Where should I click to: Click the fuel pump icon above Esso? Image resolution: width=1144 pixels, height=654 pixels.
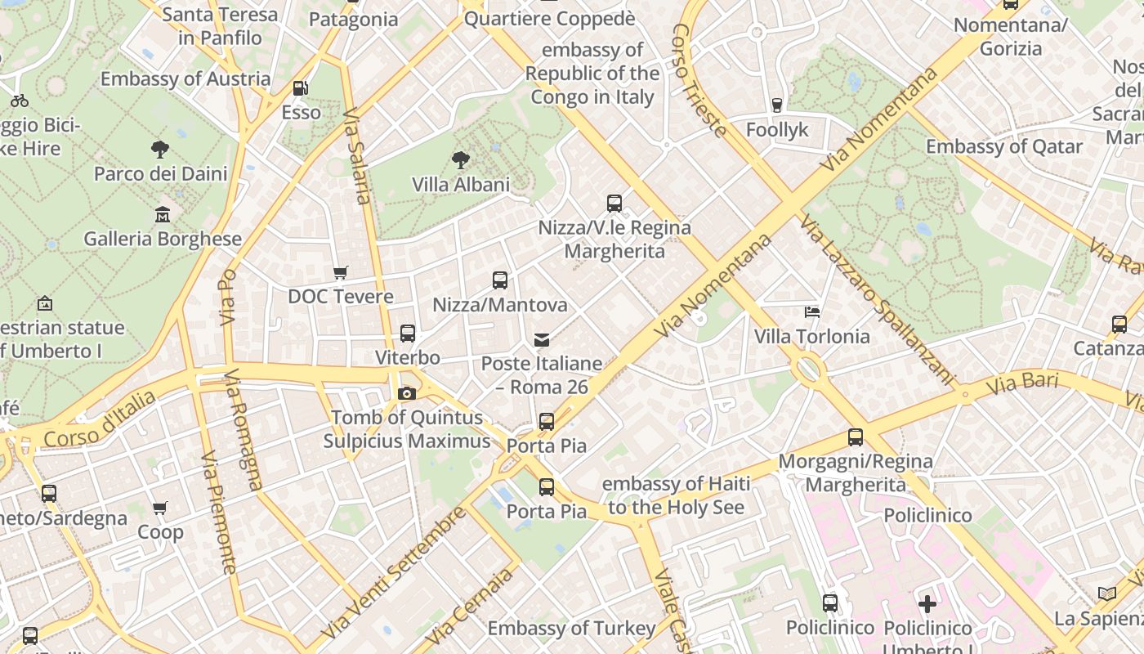pos(301,88)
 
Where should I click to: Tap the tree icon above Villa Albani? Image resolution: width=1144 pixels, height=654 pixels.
pos(461,159)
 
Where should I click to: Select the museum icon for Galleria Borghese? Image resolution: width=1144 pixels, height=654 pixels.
pos(163,214)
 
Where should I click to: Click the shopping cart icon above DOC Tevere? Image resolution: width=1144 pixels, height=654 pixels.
pos(341,272)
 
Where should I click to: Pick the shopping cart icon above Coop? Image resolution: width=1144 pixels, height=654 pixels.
pos(160,508)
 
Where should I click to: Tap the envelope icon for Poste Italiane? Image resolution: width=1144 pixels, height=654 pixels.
pos(542,339)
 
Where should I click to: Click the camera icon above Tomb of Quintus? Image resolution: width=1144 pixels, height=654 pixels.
pos(406,393)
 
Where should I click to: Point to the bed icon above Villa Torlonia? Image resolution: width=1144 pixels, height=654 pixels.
pos(812,311)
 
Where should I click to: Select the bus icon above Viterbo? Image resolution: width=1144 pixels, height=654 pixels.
pos(408,334)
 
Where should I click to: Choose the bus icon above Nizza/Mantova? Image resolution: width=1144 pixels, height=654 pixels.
pos(500,280)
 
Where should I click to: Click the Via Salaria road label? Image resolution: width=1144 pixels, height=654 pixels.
pos(357,155)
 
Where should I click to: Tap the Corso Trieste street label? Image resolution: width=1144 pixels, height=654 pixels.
pos(699,79)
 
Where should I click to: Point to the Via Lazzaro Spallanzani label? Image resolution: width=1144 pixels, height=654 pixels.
pos(878,299)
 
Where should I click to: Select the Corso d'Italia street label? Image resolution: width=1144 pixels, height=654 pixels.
pos(100,419)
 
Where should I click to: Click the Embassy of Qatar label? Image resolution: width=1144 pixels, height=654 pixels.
pos(1003,147)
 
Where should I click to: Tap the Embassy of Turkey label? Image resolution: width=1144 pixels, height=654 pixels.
pos(571,629)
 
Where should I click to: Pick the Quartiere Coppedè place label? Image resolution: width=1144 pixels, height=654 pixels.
pos(549,19)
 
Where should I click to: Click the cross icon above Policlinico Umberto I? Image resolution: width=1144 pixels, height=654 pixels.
pos(927,604)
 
